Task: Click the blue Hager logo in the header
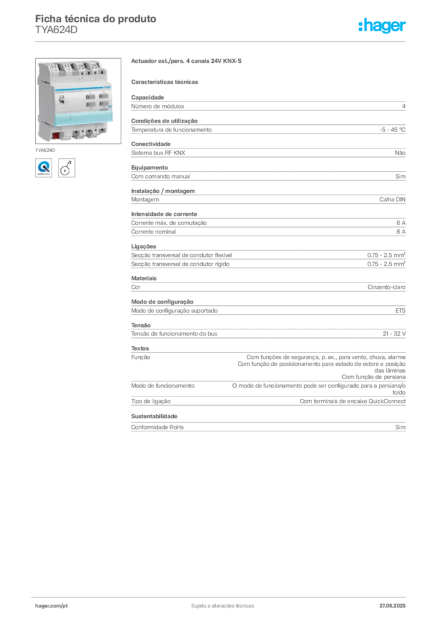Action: [382, 26]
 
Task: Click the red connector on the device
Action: [55, 135]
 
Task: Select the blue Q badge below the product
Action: [43, 167]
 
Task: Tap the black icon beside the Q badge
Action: [67, 167]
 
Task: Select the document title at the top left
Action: [97, 19]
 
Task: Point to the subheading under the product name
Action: [166, 81]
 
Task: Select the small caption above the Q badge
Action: [46, 148]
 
